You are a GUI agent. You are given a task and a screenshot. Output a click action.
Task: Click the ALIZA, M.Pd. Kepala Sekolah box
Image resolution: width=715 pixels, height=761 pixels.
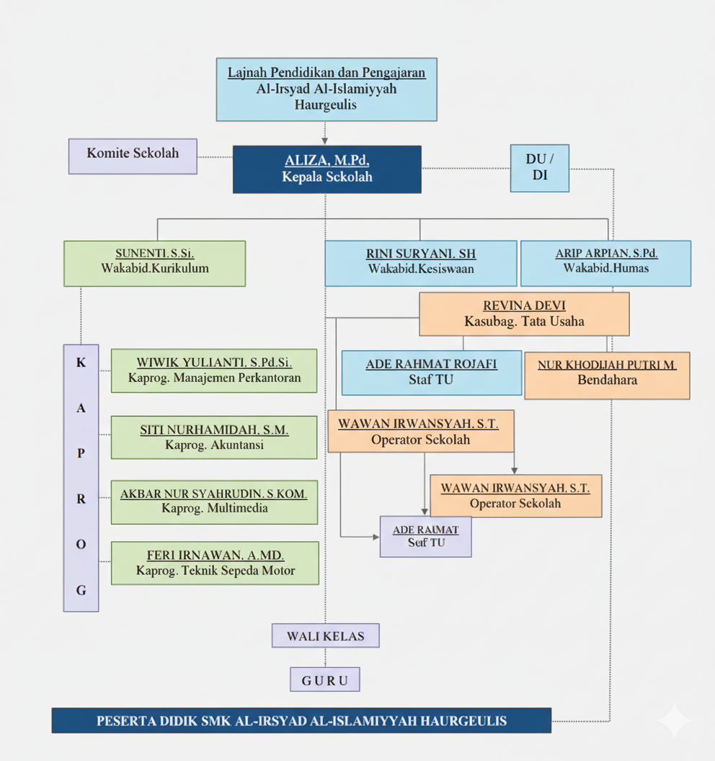coord(327,169)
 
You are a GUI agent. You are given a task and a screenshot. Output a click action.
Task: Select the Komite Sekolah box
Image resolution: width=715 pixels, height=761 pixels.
coord(133,156)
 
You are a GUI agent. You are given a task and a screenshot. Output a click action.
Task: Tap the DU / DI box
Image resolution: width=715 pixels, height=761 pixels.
coord(539,168)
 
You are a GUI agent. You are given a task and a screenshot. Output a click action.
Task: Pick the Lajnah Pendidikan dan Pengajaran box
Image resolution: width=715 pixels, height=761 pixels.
coord(327,89)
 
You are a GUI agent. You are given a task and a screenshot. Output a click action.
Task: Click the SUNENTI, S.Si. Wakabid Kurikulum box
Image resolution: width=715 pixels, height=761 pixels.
coord(154,263)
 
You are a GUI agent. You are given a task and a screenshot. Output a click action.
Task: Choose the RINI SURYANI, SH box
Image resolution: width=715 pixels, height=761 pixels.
coord(420,263)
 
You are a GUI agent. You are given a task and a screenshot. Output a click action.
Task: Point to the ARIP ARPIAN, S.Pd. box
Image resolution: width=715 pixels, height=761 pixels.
coord(605,263)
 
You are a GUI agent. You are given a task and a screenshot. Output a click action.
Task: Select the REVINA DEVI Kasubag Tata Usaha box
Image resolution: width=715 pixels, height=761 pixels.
coord(524,313)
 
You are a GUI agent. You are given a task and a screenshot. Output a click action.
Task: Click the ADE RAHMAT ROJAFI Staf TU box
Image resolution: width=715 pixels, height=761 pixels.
coord(431,373)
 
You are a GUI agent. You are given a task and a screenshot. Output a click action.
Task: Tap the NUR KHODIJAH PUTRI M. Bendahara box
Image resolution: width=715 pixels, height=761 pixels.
coord(607,375)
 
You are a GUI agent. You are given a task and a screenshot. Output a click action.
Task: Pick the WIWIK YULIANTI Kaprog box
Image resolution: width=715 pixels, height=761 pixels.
coord(214,370)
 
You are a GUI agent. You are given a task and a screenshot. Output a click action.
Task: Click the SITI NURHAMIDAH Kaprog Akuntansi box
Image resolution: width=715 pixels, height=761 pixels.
coord(214,437)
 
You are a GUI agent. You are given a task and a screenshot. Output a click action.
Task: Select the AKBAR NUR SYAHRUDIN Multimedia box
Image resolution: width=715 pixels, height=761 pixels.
coord(214,502)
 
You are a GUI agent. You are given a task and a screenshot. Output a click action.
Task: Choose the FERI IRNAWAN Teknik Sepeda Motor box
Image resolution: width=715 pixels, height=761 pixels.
coord(215,563)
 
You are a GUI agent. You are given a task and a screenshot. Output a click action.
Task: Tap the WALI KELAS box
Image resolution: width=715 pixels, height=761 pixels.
coord(325,636)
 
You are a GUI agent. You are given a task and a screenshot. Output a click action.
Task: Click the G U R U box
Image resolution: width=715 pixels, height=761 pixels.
coord(324,680)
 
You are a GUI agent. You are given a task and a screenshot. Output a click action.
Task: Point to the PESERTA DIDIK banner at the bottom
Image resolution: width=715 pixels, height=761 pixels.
coord(301,721)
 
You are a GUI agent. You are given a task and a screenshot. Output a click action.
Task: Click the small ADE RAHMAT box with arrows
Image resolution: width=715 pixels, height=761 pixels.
coord(425,536)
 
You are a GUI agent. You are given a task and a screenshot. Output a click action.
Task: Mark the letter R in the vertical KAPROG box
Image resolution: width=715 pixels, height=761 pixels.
coord(81,499)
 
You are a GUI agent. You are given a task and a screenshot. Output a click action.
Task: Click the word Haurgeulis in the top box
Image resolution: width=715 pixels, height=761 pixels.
coord(326,105)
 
